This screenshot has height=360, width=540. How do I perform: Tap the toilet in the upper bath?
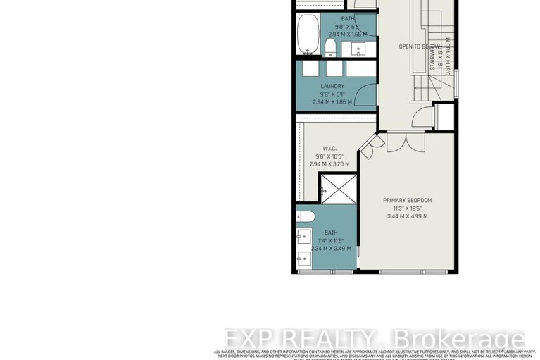click(x=329, y=46)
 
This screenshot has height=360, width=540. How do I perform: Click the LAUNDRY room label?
click(x=332, y=87)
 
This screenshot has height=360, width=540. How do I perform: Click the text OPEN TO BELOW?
click(x=415, y=46)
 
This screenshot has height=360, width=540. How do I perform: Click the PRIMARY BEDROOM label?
click(x=407, y=200)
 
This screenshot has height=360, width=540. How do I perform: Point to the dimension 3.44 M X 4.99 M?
click(x=407, y=216)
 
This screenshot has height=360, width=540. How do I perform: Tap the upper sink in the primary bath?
click(x=303, y=235)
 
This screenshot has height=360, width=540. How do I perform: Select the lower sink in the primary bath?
click(x=303, y=258)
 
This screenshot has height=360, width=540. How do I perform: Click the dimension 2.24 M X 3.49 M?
click(x=331, y=248)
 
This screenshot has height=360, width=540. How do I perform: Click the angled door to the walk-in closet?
click(x=371, y=144)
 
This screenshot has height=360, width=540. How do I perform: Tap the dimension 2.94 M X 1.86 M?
click(x=332, y=102)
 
